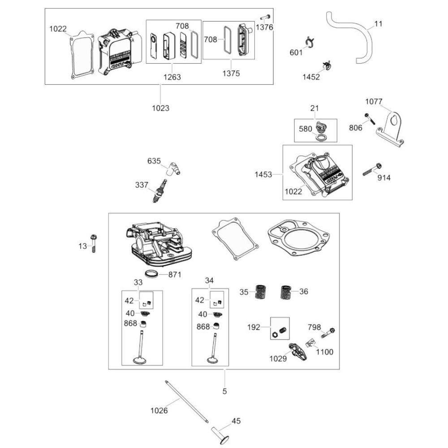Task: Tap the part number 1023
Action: point(160,108)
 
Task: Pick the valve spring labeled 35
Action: point(258,293)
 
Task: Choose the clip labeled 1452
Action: point(328,65)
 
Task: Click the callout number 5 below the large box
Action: point(224,391)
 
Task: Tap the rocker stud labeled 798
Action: point(328,333)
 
